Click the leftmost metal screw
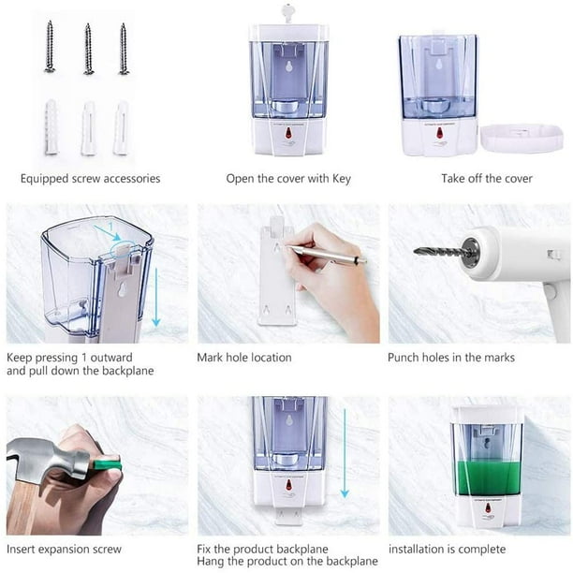tap(50, 46)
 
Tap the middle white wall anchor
tap(88, 128)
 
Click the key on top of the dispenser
tap(287, 13)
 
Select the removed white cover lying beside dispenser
tap(522, 139)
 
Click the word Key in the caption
tap(342, 179)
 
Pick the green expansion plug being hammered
tap(107, 465)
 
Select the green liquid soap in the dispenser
tap(488, 478)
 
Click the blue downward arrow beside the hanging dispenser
tap(345, 453)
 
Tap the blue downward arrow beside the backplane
tap(156, 297)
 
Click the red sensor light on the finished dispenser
tap(488, 508)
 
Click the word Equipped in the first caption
tap(45, 179)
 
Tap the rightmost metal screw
tap(124, 49)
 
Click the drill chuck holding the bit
tap(471, 251)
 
